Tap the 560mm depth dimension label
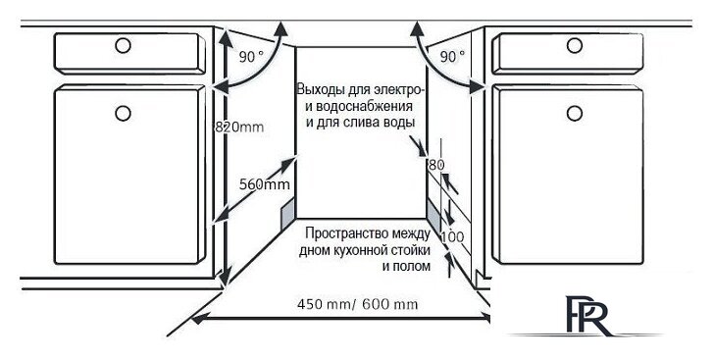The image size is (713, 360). point(264,184)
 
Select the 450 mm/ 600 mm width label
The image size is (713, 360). point(357,303)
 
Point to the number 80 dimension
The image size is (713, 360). point(436,165)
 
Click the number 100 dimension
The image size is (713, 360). point(452,237)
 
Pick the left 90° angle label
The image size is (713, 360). point(252,57)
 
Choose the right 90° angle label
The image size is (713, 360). point(453,57)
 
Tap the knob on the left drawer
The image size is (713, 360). point(125,44)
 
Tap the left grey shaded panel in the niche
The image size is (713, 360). point(287,209)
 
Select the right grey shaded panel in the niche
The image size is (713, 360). point(433,209)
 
